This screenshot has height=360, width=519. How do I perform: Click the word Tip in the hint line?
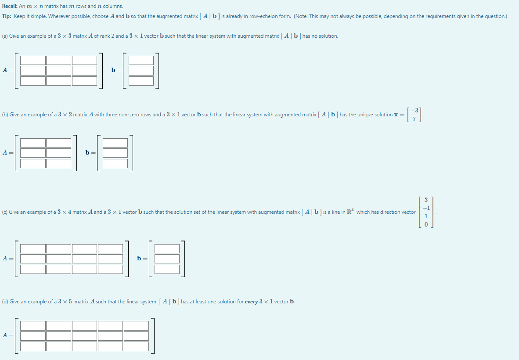[x=6, y=16]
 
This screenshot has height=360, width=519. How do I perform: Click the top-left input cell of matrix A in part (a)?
[x=33, y=60]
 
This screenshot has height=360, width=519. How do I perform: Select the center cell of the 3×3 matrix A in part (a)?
[x=58, y=71]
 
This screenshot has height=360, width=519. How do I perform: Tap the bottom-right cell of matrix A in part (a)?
[x=84, y=81]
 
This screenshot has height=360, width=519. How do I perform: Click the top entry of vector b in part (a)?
[x=141, y=60]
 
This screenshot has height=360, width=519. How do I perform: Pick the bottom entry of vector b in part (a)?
[x=141, y=81]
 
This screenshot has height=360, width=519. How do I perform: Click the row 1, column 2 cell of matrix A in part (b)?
[x=58, y=143]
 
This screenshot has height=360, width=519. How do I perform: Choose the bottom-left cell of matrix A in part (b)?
[x=33, y=163]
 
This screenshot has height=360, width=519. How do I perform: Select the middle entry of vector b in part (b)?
[x=115, y=153]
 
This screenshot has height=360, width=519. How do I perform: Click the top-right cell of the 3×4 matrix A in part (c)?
[x=110, y=248]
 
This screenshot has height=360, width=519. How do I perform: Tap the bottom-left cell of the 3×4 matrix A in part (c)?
[x=33, y=269]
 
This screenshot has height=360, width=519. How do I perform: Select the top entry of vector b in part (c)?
[x=167, y=248]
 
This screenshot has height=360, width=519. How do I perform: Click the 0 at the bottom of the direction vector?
[x=425, y=224]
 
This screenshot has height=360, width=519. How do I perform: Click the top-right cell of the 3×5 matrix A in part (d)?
[x=136, y=325]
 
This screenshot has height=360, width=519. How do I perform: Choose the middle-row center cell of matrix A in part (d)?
[x=84, y=336]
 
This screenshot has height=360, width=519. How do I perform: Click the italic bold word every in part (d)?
[x=252, y=302]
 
